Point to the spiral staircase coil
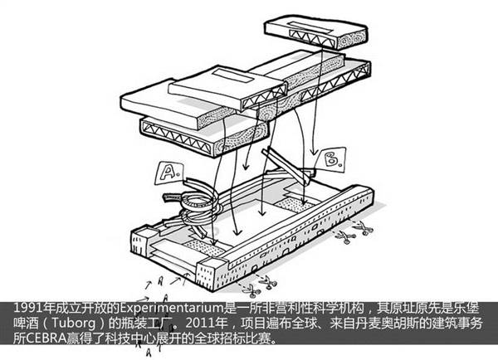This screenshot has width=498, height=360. pos(194,199)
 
